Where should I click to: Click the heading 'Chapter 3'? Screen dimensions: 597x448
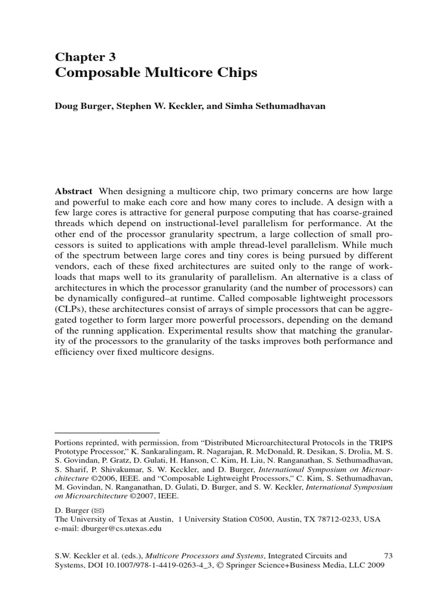coord(85,57)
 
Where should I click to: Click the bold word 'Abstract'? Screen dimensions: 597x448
coord(73,191)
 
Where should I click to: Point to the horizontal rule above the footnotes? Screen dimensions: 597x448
coord(107,433)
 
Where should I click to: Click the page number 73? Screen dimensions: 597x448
coord(389,556)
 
